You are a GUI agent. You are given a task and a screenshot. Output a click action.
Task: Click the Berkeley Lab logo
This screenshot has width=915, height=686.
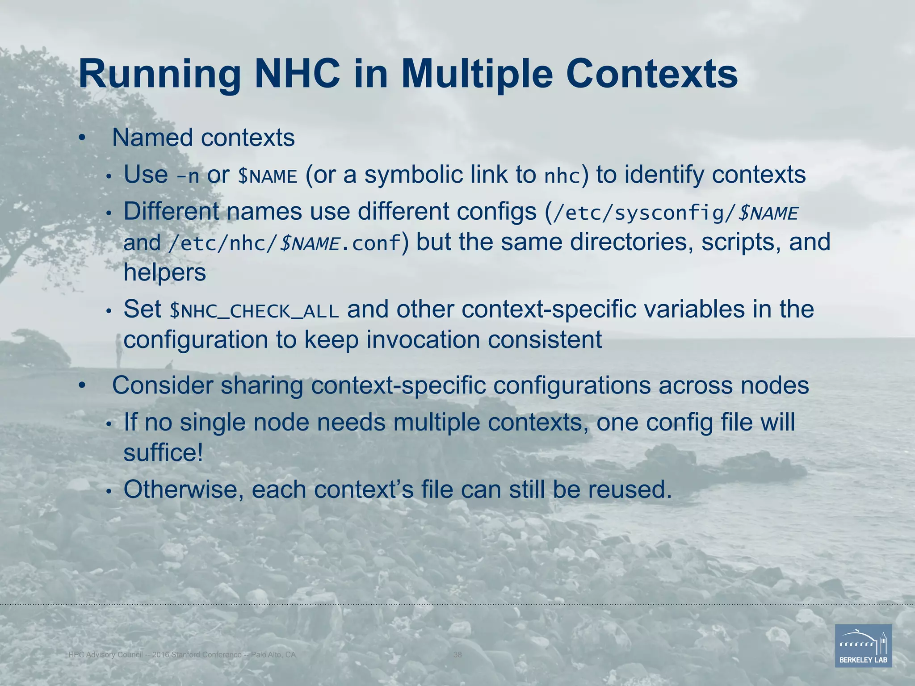coord(863,646)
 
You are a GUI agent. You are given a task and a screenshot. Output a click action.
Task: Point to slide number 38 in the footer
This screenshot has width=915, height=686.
coord(457,655)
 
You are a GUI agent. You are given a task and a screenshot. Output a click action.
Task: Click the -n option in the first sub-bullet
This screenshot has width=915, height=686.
coord(188,176)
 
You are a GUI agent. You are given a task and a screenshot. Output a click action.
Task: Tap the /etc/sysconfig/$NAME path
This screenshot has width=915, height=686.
coord(675,213)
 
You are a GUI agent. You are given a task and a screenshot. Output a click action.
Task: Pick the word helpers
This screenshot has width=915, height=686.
coord(164,272)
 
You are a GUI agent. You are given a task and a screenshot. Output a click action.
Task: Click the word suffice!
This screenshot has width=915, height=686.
coord(163,453)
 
